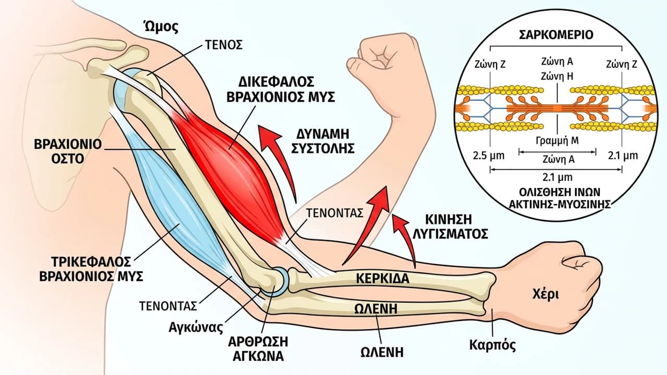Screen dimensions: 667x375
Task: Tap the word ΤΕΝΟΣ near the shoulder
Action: [224, 45]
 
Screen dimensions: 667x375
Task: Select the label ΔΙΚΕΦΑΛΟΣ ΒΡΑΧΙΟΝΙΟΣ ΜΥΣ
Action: [280, 89]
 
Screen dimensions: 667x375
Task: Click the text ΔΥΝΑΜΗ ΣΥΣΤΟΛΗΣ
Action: [323, 141]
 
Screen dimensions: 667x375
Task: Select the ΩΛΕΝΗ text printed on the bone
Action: [376, 309]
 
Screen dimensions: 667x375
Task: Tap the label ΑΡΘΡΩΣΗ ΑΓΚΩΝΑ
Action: [258, 348]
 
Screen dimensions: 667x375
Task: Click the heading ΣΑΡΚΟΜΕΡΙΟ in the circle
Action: [556, 35]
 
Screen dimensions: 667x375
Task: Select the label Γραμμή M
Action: [557, 140]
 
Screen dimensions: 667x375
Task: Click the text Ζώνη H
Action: [557, 77]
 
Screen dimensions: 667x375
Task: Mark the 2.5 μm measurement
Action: [489, 156]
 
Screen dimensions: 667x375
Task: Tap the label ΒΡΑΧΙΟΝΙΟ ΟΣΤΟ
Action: [68, 152]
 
